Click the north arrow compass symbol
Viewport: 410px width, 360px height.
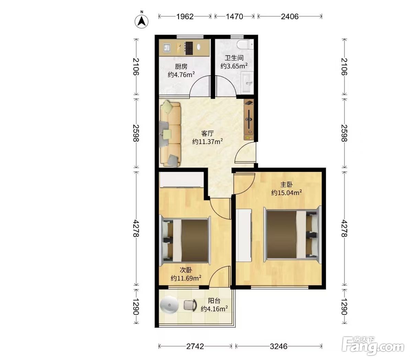[141, 21]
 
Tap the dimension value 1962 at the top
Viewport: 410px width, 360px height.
[185, 16]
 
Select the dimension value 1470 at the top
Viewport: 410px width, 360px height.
[234, 16]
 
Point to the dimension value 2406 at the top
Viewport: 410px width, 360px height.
[290, 16]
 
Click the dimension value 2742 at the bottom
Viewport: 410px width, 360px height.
[195, 346]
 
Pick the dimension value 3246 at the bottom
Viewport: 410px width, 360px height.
[279, 346]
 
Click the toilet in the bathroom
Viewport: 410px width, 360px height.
[246, 44]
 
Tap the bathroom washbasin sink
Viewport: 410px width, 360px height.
[247, 83]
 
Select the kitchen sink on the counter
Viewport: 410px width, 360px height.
[166, 48]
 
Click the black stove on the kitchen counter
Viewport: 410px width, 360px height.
[189, 48]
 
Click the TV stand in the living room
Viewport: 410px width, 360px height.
[249, 120]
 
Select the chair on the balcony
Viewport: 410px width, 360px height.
[190, 305]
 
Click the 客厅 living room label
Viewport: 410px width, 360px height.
[207, 133]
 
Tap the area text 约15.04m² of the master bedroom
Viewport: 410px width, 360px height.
[286, 193]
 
